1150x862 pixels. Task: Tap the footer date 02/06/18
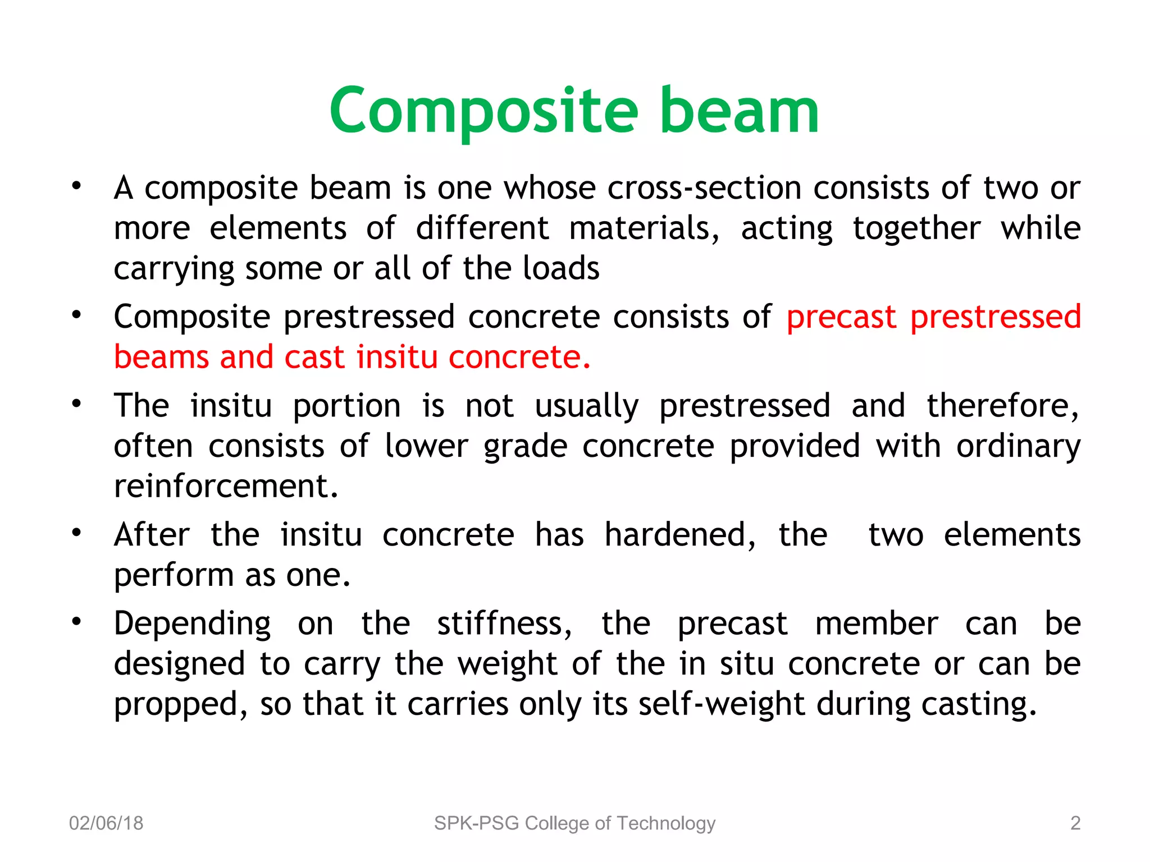click(106, 823)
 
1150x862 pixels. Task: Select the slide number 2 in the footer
click(1075, 823)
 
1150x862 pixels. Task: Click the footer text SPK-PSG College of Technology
click(574, 823)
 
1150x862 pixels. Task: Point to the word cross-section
click(704, 187)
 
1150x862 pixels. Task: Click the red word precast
click(841, 317)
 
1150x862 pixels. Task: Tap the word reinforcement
click(226, 486)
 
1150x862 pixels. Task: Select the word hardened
click(680, 535)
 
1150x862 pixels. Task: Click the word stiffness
click(504, 623)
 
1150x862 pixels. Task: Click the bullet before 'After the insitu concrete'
click(76, 533)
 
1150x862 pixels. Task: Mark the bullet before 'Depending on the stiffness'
click(76, 621)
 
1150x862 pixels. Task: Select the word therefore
click(1002, 406)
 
